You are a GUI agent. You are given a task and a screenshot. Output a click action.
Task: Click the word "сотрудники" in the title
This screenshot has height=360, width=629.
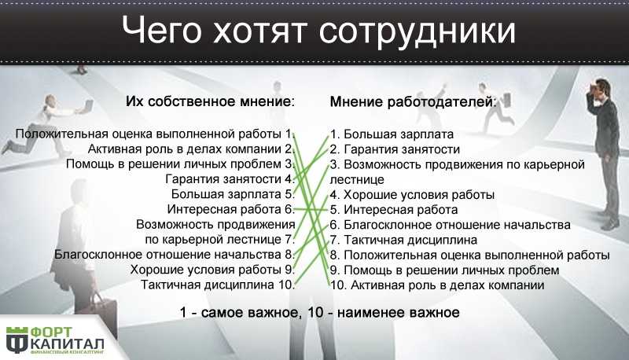click(x=417, y=31)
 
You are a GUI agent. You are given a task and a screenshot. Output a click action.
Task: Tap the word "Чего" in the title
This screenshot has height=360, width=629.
click(x=161, y=30)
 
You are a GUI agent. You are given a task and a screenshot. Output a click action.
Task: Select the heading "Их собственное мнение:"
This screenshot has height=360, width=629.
click(x=211, y=101)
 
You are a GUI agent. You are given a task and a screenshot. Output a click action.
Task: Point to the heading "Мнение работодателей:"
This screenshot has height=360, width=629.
click(x=414, y=102)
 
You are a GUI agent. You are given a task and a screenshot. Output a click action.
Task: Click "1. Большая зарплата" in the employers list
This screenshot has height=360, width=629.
click(x=392, y=134)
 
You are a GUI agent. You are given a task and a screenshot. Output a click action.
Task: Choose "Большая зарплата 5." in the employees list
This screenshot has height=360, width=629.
click(x=233, y=194)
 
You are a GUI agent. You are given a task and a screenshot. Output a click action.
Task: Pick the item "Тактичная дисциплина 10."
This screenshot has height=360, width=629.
click(x=218, y=285)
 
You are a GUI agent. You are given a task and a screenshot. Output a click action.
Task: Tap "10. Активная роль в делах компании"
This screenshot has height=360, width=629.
click(x=437, y=285)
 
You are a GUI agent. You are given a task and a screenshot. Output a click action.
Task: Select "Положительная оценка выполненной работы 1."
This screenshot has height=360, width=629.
click(x=155, y=134)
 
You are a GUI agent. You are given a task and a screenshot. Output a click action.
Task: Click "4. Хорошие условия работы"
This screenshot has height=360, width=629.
click(x=412, y=195)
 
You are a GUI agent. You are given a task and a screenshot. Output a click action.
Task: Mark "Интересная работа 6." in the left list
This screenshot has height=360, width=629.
click(x=231, y=210)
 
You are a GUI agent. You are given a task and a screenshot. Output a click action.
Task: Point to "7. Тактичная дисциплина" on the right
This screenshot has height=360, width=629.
click(x=403, y=241)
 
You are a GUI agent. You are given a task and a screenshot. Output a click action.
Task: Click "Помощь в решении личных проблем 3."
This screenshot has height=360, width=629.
click(x=181, y=164)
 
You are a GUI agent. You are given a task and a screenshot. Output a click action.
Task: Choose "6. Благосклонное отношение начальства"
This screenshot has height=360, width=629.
click(x=450, y=225)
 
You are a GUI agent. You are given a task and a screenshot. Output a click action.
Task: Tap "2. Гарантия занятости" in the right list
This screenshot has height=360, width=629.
click(x=395, y=149)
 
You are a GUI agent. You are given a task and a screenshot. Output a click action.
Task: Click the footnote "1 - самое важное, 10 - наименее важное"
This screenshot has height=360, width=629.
click(x=319, y=312)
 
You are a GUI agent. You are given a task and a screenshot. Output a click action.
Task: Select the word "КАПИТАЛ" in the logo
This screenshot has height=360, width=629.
click(x=68, y=344)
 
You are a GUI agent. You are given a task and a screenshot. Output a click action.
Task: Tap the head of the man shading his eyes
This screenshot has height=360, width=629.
click(x=601, y=87)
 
